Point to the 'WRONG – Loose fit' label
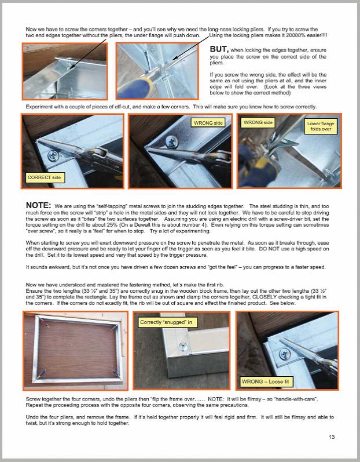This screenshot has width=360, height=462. click(x=266, y=382)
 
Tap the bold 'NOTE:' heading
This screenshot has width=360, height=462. click(x=39, y=206)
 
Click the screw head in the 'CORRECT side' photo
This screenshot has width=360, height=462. click(x=53, y=155)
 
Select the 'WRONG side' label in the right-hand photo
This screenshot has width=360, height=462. click(x=258, y=122)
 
